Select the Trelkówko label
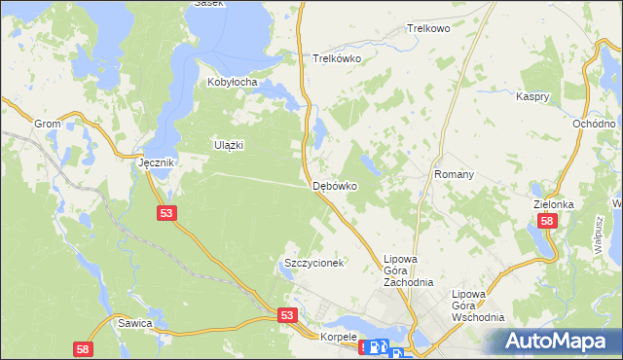point(337,58)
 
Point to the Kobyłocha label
point(232,83)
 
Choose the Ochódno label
point(594,125)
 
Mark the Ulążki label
point(228,145)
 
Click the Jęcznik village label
point(156,162)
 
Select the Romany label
point(454,174)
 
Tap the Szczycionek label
point(313,264)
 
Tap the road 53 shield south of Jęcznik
point(166,212)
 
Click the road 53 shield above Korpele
point(286,315)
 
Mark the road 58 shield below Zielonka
point(548,222)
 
